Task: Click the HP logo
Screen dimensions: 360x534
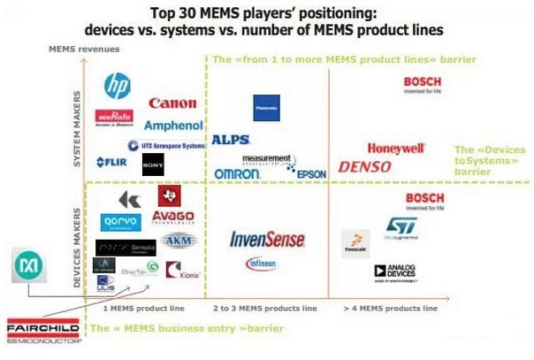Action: click(x=117, y=85)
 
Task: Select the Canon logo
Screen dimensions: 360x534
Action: click(x=172, y=103)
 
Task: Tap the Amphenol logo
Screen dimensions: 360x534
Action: click(x=173, y=126)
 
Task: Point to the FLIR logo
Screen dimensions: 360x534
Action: click(x=113, y=163)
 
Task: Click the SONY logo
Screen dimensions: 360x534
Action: click(x=153, y=164)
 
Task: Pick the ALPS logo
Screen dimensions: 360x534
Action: click(x=230, y=140)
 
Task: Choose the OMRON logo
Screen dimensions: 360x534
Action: click(x=237, y=174)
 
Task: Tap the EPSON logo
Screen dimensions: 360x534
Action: click(x=311, y=174)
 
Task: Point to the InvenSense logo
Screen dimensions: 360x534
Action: click(x=267, y=240)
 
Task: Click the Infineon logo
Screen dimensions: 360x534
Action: click(x=261, y=264)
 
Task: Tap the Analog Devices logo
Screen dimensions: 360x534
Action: click(x=395, y=272)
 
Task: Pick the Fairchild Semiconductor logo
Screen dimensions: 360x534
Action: click(x=42, y=330)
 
